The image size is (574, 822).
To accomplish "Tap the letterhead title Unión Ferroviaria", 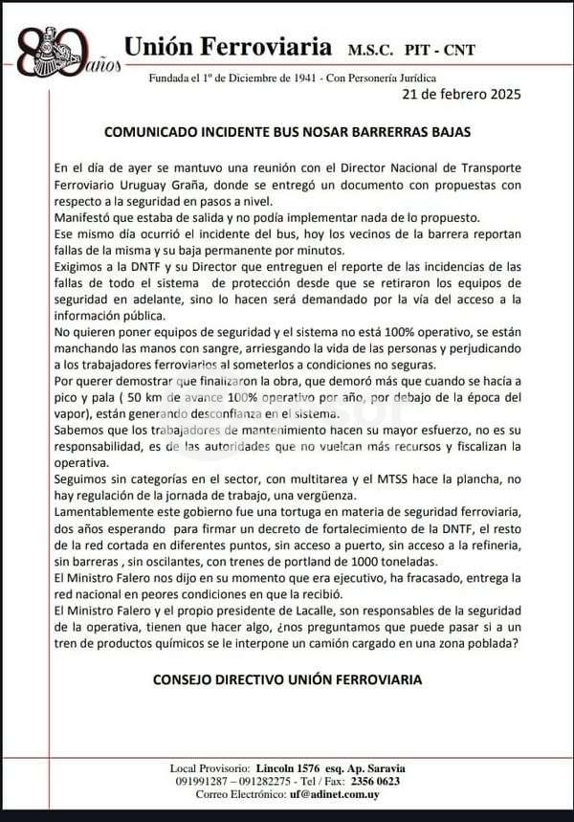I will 229,46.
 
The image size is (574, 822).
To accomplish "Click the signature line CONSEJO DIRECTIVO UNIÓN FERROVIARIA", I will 287,680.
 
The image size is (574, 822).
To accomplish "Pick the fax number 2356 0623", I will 374,781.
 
